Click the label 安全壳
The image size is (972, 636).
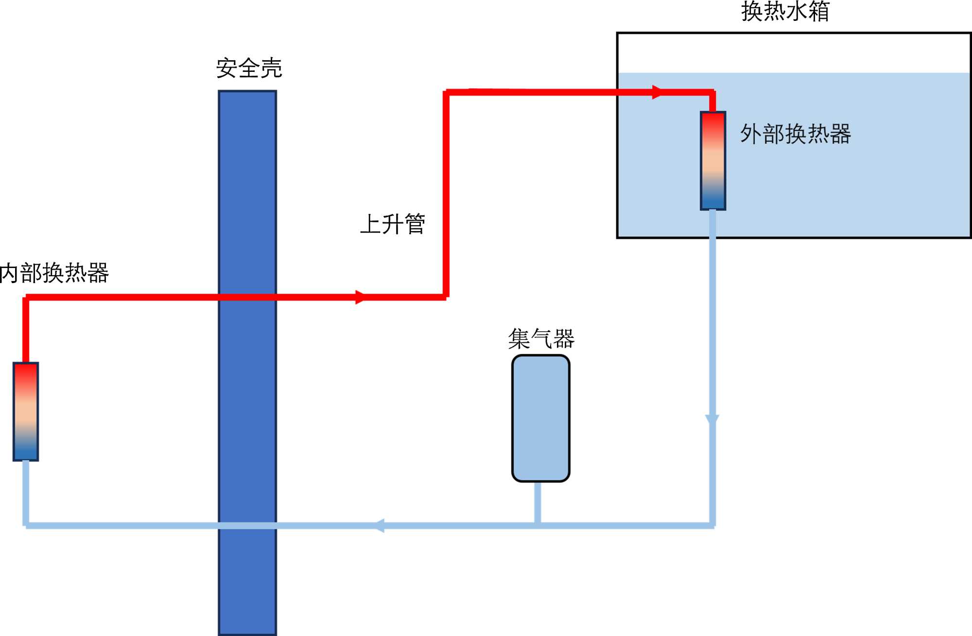coord(249,68)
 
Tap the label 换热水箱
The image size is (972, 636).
coord(785,12)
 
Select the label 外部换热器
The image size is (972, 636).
coord(795,134)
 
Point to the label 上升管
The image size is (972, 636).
coord(393,224)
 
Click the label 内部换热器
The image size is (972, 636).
coord(54,273)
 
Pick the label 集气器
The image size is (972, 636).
coord(541,338)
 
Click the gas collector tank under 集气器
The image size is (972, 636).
coord(540,418)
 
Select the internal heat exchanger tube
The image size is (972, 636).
coord(26,411)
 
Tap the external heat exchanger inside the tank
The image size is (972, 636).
coord(713,161)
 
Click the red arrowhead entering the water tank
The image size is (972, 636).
coord(657,92)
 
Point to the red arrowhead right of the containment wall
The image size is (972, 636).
coord(360,297)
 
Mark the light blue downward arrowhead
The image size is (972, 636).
coord(712,420)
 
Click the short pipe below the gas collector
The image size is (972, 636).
coord(538,502)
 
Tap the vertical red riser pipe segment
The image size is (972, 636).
coord(446,194)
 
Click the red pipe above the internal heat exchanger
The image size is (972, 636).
coord(26,330)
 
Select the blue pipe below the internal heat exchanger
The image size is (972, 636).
coord(26,493)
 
